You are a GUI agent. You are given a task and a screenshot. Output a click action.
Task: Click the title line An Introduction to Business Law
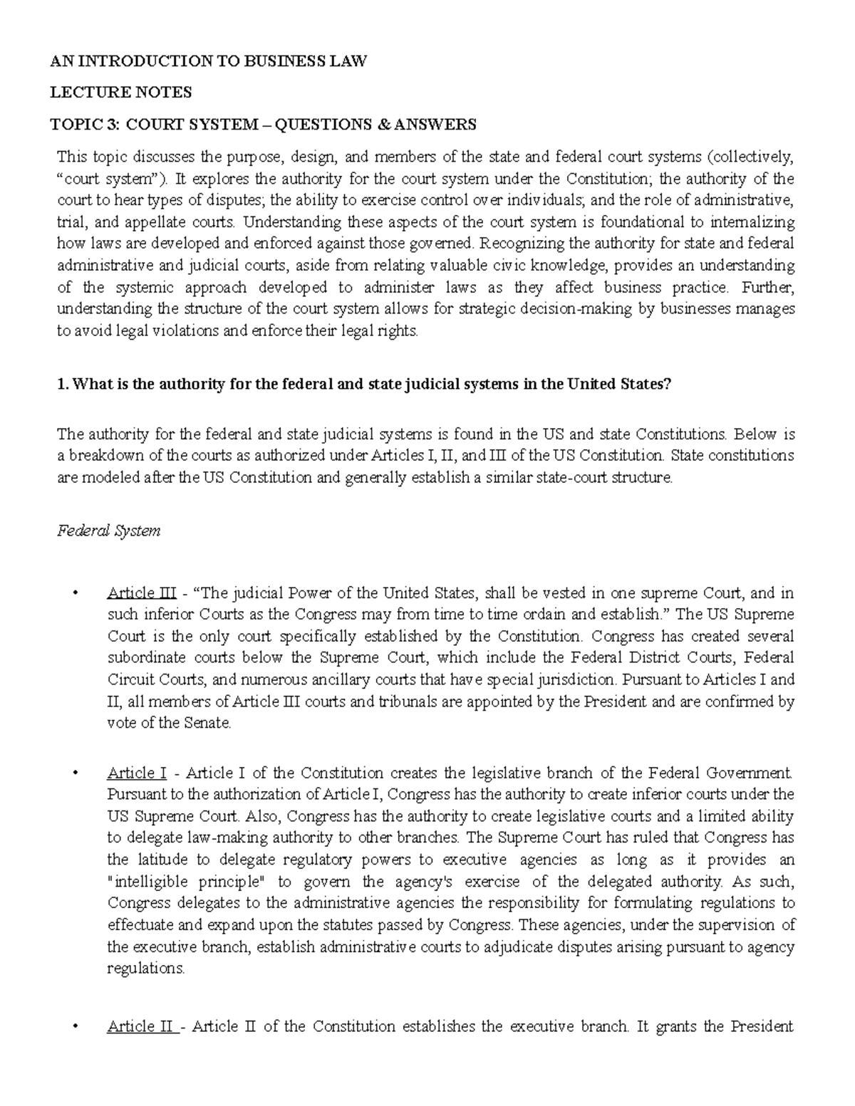coord(208,61)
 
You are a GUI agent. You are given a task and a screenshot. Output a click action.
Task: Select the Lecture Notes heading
coord(120,93)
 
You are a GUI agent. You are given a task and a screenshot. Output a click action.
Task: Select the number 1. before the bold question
coord(62,384)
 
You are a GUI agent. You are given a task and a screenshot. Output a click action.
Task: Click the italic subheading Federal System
coord(108,531)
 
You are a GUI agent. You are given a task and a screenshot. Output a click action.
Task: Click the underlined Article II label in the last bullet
coord(142,1026)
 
